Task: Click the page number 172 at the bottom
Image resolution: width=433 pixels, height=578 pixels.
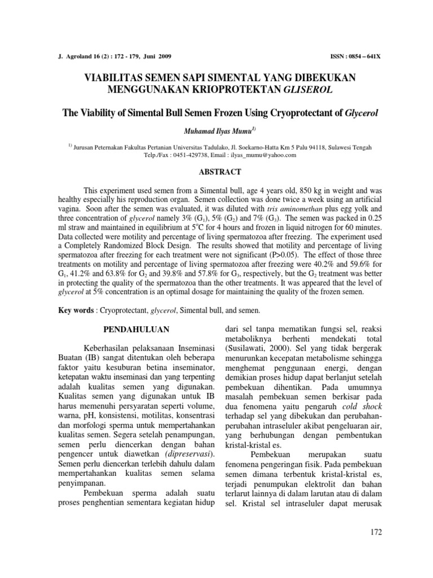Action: [374, 532]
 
